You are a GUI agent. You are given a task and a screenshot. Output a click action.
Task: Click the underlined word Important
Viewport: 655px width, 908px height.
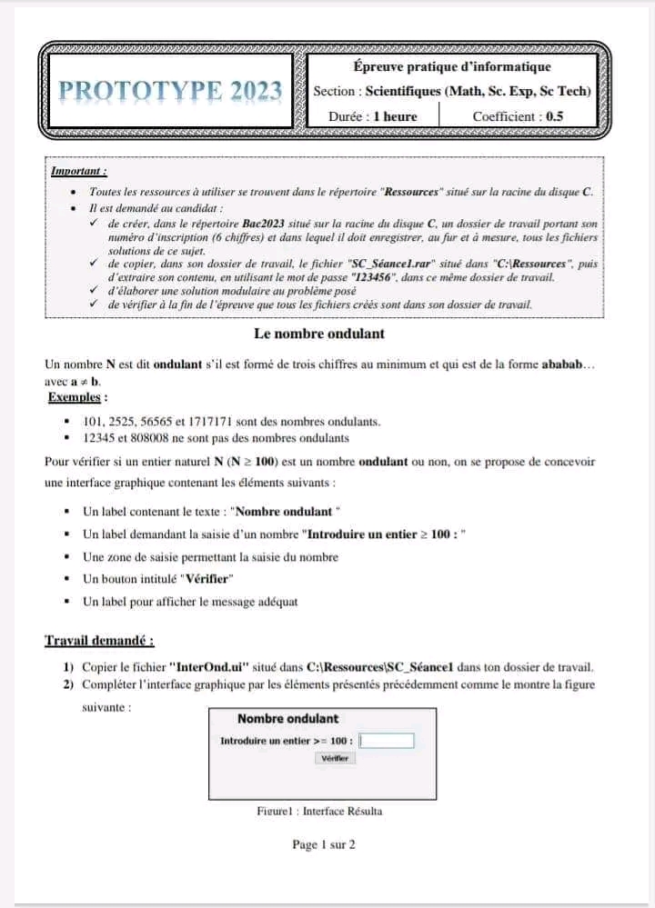79,170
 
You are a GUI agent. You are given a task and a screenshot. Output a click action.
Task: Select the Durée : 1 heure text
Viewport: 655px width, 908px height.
373,116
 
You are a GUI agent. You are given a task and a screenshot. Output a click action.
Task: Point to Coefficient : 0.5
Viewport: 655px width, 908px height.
518,116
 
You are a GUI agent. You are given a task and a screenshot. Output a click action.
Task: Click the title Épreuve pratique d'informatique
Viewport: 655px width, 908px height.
452,66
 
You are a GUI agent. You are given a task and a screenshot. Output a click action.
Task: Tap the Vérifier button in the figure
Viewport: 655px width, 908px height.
337,758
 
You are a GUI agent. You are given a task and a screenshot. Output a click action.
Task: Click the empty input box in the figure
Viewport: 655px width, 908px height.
388,741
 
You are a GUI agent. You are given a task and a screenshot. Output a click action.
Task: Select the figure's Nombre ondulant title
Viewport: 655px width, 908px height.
287,719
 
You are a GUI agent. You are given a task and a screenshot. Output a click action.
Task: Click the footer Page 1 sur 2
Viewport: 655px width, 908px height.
323,844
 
